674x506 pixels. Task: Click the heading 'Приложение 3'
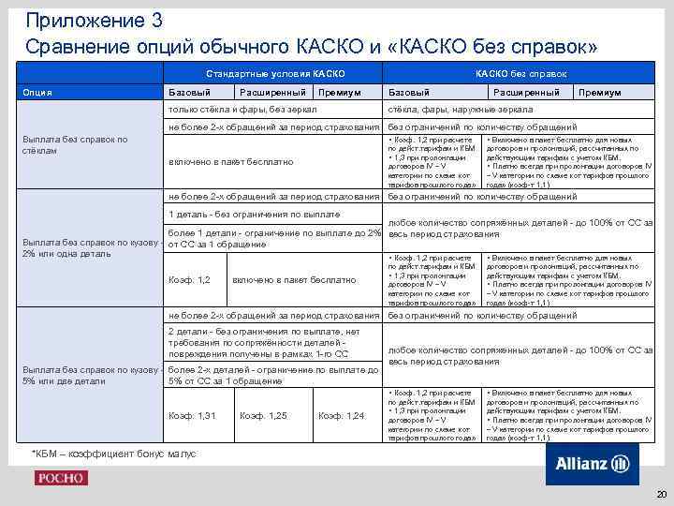(x=83, y=19)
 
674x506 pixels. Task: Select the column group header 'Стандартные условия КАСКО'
(x=275, y=73)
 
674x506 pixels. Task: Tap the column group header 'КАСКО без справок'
(x=521, y=73)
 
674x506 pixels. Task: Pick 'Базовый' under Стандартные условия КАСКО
(x=188, y=93)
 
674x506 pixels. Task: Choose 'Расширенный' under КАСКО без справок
(x=526, y=93)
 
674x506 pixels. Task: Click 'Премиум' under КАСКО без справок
(x=599, y=93)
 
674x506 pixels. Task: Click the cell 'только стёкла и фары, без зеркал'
(x=242, y=110)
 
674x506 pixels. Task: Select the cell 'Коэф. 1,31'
(x=192, y=415)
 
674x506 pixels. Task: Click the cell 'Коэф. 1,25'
(x=263, y=415)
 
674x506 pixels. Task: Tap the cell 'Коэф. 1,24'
(x=342, y=415)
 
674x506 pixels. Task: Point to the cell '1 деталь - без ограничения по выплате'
(x=254, y=215)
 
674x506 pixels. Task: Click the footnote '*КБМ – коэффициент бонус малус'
(x=115, y=454)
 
